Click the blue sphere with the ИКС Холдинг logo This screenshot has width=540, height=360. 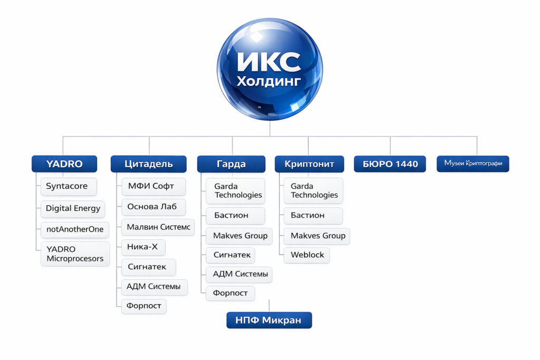pos(269,69)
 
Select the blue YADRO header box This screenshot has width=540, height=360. pos(64,164)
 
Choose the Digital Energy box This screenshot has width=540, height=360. pos(73,208)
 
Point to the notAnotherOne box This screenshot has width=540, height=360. pos(74,230)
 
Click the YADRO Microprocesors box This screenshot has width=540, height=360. pos(75,254)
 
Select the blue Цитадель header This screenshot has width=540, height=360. pos(148,164)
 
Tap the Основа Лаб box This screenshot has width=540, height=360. pos(153,207)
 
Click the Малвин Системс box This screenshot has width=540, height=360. pos(157,228)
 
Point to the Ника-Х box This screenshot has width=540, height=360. pos(143,247)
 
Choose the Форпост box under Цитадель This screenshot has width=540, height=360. pos(144,306)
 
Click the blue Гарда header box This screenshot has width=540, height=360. pos(231,164)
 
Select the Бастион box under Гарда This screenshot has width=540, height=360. pos(232,215)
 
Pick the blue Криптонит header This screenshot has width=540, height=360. pos(309,164)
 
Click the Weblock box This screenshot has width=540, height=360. pos(307,255)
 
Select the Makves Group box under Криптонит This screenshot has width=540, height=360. pos(317,236)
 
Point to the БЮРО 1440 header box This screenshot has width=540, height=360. pos(390,164)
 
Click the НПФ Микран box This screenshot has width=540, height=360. pos(269,320)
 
